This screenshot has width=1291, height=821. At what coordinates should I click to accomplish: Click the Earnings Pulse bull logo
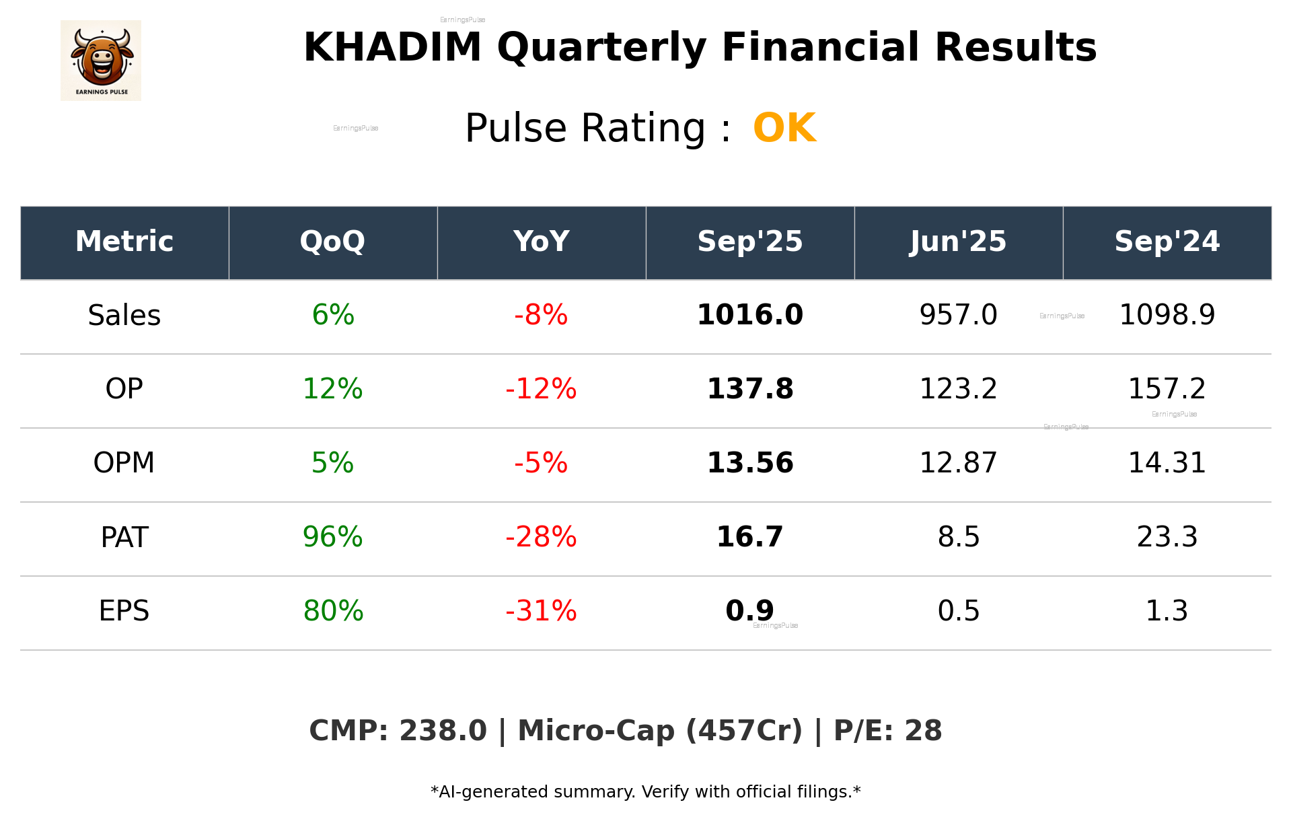101,61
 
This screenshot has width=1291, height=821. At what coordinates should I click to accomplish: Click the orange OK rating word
784,128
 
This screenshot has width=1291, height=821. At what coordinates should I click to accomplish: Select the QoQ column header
332,242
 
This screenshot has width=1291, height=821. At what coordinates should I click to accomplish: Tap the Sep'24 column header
1167,242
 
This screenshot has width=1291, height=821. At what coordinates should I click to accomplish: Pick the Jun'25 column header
958,242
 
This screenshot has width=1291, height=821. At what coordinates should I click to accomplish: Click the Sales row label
124,316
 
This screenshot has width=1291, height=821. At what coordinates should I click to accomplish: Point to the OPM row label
124,463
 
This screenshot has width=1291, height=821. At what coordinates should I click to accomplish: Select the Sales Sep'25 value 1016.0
749,315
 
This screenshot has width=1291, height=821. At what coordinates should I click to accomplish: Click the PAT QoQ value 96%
332,537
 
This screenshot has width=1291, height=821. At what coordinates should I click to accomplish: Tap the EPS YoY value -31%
541,611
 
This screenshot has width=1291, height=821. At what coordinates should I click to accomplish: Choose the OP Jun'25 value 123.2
958,389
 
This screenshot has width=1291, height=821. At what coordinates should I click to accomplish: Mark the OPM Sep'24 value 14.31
1167,463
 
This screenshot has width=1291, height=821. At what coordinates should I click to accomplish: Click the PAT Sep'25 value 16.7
749,537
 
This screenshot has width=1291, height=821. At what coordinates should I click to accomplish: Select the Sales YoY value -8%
541,315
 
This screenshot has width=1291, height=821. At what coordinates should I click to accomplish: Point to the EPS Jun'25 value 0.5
958,611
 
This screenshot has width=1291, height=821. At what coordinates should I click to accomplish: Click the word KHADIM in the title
392,48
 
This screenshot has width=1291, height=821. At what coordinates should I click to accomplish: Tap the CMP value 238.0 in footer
443,731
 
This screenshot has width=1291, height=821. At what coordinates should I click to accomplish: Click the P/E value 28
923,731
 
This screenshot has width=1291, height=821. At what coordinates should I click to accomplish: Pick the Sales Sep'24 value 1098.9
1167,315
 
